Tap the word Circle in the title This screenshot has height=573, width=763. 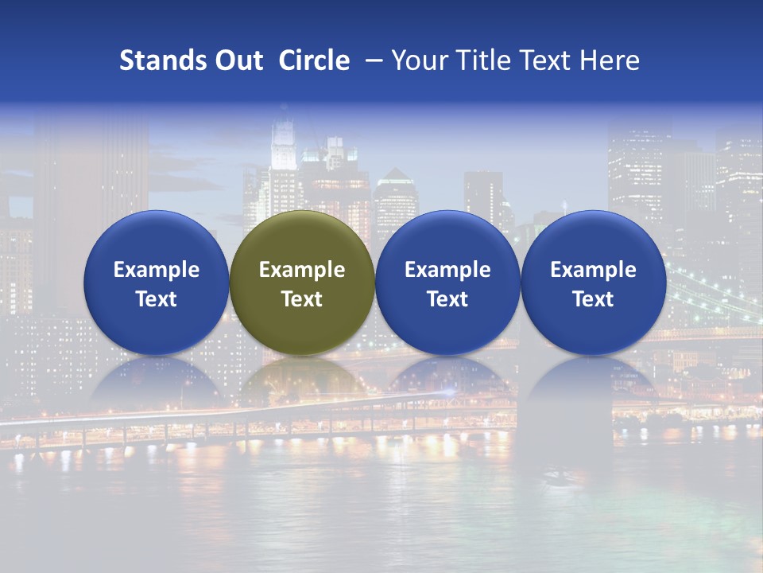(x=314, y=60)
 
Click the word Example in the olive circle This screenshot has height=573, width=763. (x=302, y=270)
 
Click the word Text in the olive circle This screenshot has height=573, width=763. (x=302, y=299)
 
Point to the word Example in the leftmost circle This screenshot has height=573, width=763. (x=157, y=270)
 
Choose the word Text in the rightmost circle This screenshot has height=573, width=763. (x=593, y=299)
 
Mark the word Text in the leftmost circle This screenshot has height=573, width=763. (x=157, y=299)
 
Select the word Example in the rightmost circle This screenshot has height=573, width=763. (x=593, y=270)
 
